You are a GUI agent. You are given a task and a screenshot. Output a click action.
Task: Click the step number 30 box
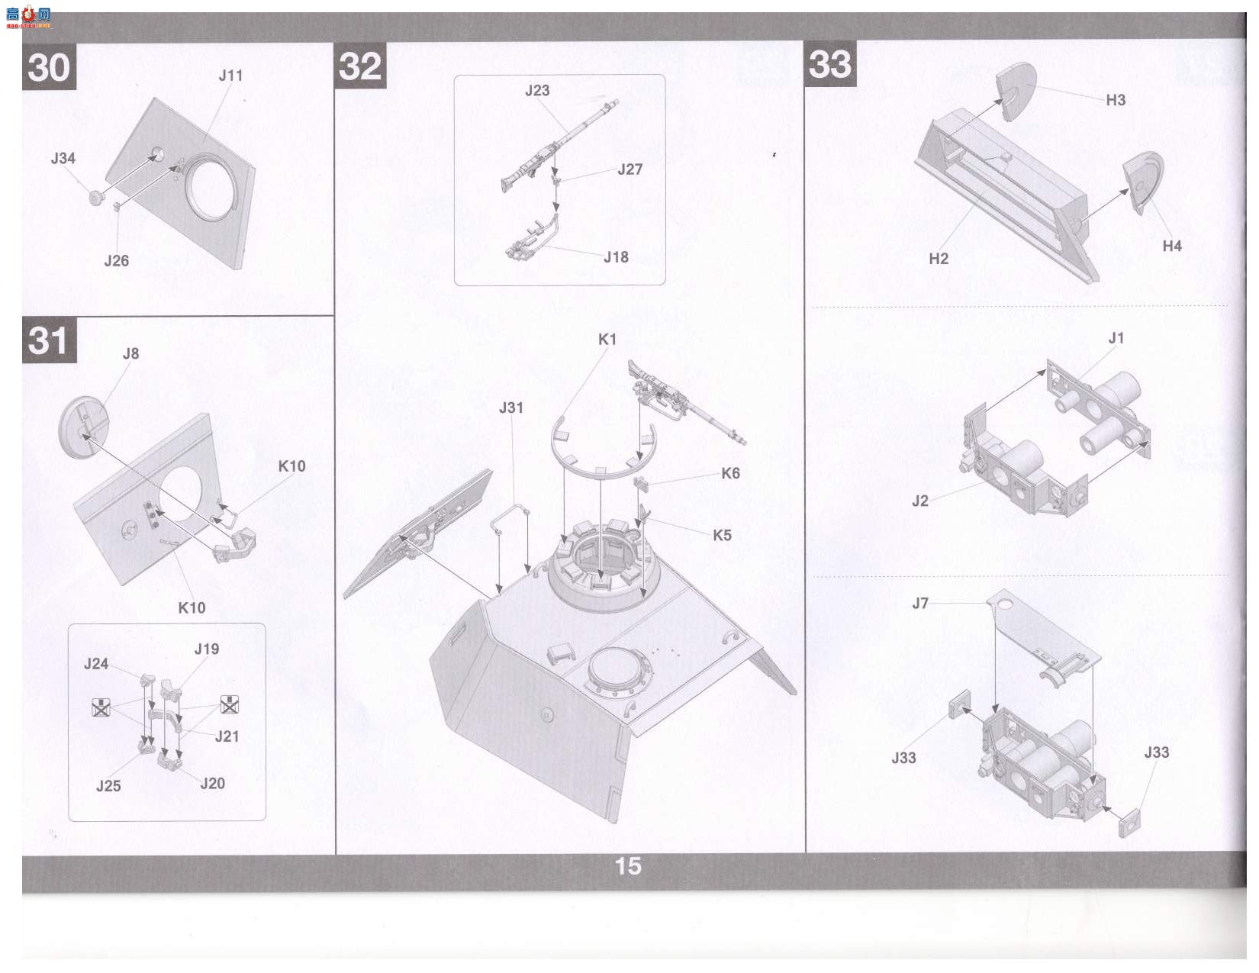49,66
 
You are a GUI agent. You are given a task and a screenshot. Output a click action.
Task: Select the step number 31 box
50,340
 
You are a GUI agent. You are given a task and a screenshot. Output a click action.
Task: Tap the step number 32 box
360,66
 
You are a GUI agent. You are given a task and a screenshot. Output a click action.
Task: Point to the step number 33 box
830,64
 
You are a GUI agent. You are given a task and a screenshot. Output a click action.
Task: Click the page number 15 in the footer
628,866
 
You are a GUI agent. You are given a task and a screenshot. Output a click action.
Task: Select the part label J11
230,76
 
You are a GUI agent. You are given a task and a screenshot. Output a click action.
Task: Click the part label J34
63,158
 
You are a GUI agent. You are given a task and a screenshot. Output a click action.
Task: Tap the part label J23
537,90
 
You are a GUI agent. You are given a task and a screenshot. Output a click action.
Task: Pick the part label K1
607,340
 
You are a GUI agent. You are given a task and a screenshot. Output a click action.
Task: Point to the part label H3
1116,100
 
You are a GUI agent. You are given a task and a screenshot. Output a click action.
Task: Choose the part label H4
1172,246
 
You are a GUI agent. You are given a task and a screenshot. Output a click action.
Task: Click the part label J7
920,604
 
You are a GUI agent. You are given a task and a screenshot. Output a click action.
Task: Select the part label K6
731,473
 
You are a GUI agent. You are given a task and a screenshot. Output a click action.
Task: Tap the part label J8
131,353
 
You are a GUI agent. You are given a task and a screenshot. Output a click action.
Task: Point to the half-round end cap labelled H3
1016,92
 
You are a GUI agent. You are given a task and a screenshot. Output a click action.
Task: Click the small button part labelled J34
96,198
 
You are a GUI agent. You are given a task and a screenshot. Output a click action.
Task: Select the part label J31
511,408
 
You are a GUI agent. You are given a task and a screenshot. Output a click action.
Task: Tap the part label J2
920,501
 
